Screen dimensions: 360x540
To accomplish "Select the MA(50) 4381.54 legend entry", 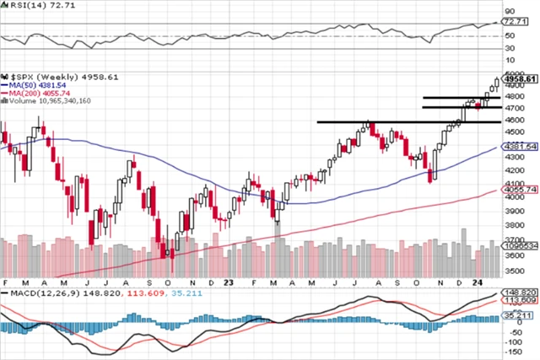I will pos(33,84).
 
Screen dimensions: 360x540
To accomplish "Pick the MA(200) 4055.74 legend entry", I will pos(35,93).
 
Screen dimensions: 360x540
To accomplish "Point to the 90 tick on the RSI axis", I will pos(509,11).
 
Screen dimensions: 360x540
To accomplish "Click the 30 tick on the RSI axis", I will pos(509,48).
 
